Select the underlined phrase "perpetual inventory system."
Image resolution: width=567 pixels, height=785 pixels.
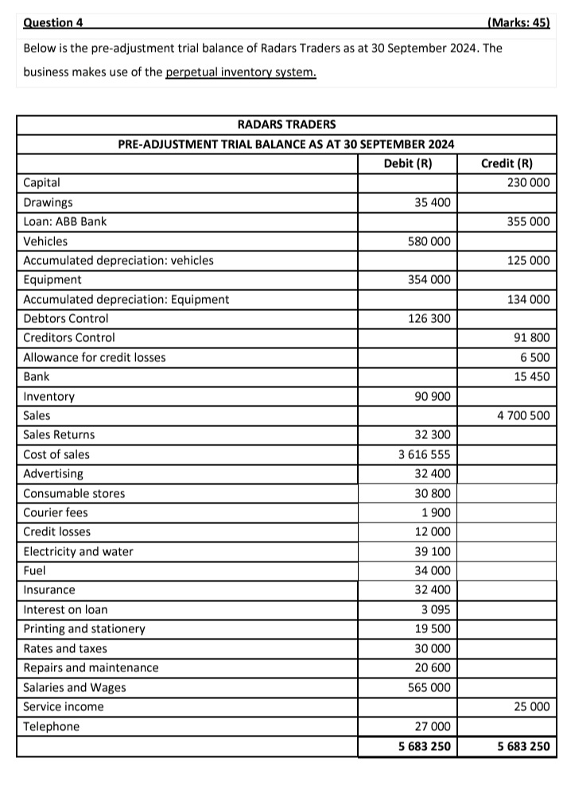click(x=241, y=72)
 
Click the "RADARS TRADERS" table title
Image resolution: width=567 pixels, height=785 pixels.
click(x=286, y=125)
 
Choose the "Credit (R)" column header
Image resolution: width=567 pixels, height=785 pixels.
click(x=507, y=164)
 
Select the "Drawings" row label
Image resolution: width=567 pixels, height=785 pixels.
click(x=48, y=203)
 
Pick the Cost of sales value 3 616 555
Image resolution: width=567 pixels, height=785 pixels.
click(x=424, y=455)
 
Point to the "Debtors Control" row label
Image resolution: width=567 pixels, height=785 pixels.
click(x=66, y=319)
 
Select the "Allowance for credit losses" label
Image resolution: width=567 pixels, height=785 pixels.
click(x=95, y=358)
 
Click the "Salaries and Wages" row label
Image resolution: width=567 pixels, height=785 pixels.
click(x=75, y=688)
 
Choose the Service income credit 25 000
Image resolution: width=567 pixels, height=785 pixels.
click(x=530, y=707)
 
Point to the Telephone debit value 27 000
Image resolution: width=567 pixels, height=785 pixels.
click(x=433, y=727)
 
